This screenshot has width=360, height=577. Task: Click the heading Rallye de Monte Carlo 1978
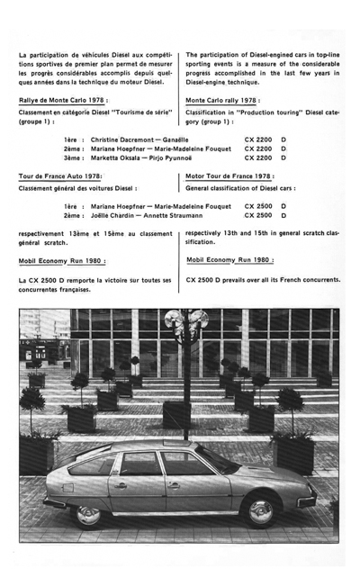click(x=63, y=101)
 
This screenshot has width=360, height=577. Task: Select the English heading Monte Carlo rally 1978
click(x=222, y=101)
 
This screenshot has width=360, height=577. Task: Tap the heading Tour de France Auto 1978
click(x=60, y=176)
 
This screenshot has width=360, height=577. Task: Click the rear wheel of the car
click(x=88, y=514)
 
